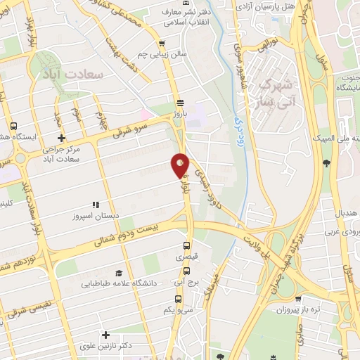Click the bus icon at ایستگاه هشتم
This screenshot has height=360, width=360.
pos(14,126)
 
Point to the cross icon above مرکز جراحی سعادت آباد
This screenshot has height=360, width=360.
pos(62,138)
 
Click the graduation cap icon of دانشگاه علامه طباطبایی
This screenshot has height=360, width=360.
pos(119,273)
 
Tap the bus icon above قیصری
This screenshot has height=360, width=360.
pos(187,246)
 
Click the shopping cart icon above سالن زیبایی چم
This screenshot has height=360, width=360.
pos(162,43)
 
